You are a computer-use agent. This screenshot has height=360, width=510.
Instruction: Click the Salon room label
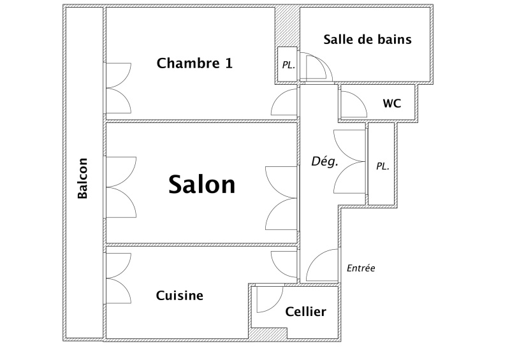(x=201, y=184)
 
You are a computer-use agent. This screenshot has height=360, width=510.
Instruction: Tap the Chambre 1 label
(x=194, y=63)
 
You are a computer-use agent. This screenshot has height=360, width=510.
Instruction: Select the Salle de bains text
(x=368, y=40)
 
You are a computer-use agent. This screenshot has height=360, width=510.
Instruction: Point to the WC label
(x=392, y=103)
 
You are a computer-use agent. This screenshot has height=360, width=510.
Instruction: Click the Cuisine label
(x=180, y=295)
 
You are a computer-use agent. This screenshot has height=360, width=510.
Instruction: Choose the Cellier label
(x=305, y=312)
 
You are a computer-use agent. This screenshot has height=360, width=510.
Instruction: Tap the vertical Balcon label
(x=83, y=178)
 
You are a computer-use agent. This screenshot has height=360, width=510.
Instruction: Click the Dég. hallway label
(x=324, y=161)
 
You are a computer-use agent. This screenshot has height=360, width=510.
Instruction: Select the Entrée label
(x=361, y=268)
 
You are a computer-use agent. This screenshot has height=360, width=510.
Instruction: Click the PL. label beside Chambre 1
(x=289, y=65)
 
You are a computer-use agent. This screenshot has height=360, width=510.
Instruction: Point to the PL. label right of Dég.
(x=382, y=166)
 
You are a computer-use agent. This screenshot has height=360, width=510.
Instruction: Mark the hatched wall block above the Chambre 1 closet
(x=287, y=27)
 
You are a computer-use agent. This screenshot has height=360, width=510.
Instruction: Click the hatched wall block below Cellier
(x=268, y=333)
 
